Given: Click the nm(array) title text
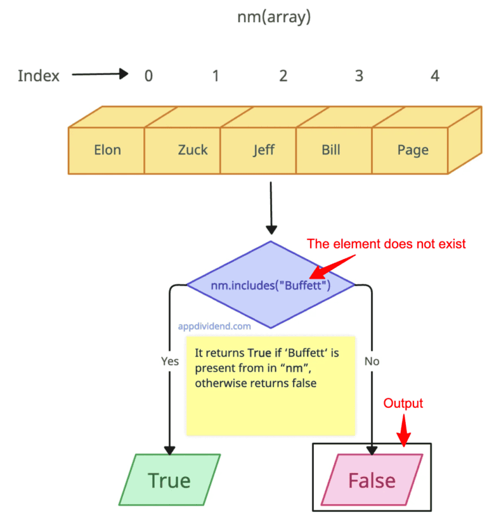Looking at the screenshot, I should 273,18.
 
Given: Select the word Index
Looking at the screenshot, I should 39,76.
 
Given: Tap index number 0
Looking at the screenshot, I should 148,76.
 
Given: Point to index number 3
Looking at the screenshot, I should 359,76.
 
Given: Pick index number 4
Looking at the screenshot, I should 434,76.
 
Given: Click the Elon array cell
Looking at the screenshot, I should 107,150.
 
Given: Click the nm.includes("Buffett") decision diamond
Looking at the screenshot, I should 271,286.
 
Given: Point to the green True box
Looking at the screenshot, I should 169,480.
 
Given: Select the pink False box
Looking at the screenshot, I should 372,480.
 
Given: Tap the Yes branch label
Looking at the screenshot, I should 170,361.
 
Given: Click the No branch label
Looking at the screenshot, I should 372,361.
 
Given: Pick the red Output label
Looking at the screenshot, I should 403,404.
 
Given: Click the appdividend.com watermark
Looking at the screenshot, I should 214,327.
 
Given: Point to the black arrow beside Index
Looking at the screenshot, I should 100,75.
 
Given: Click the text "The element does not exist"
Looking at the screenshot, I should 387,244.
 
